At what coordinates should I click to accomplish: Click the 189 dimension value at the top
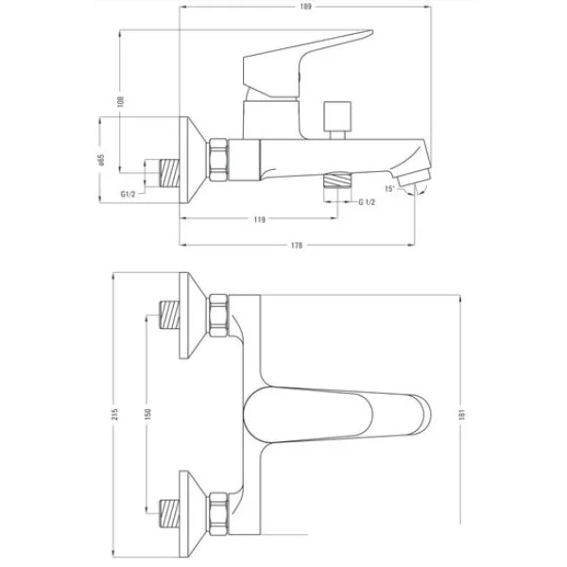(305, 7)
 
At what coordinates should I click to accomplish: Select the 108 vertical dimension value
(121, 101)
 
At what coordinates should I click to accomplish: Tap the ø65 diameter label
(101, 161)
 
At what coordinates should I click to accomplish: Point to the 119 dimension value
(259, 219)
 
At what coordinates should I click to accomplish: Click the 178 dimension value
(297, 246)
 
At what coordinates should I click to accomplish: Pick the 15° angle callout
(389, 188)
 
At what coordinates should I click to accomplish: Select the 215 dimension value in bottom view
(115, 414)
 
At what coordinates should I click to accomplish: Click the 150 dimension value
(148, 414)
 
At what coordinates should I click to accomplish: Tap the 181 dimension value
(462, 414)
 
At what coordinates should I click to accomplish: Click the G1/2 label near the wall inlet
(128, 194)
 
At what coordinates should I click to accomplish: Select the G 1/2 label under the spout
(367, 202)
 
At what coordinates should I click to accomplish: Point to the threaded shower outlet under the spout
(338, 180)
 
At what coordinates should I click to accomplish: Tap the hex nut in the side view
(218, 159)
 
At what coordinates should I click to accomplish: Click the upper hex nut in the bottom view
(218, 316)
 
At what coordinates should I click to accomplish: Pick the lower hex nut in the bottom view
(218, 513)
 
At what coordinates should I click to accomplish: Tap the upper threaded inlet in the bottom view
(169, 315)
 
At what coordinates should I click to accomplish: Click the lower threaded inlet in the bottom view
(169, 513)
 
